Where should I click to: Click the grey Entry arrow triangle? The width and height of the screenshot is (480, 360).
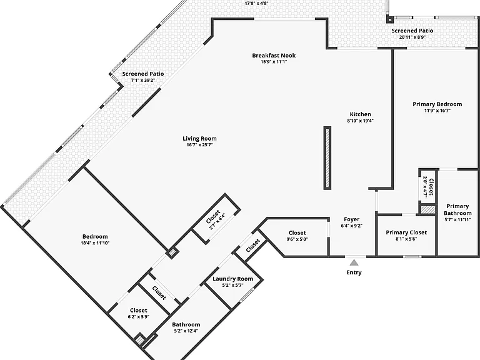[354, 262]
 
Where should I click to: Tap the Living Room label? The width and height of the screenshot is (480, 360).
[199, 139]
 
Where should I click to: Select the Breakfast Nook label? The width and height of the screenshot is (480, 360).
[274, 56]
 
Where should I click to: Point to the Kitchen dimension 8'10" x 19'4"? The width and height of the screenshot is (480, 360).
[360, 121]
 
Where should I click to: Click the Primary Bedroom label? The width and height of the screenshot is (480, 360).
[437, 104]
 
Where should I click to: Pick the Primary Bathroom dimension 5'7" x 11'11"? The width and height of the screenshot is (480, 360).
[457, 219]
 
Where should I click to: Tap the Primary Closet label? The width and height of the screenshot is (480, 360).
[406, 232]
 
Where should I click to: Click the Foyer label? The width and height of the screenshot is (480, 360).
[352, 219]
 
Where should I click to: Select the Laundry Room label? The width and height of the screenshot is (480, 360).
[232, 279]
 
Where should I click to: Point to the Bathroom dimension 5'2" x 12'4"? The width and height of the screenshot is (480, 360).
[186, 331]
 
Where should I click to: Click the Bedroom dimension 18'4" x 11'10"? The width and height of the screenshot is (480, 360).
[95, 243]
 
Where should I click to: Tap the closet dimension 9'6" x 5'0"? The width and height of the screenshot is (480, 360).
[297, 239]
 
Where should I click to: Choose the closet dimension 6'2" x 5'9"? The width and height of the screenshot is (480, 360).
[139, 317]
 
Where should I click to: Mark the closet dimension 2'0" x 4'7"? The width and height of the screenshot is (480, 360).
[425, 186]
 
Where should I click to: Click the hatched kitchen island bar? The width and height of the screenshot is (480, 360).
[327, 158]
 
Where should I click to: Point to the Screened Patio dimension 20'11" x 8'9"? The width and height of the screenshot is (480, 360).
[412, 37]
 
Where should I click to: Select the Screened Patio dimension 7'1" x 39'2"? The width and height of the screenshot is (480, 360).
[143, 80]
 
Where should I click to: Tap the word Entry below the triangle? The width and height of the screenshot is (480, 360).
[354, 272]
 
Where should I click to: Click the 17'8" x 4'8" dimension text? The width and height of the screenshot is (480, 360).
[256, 4]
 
